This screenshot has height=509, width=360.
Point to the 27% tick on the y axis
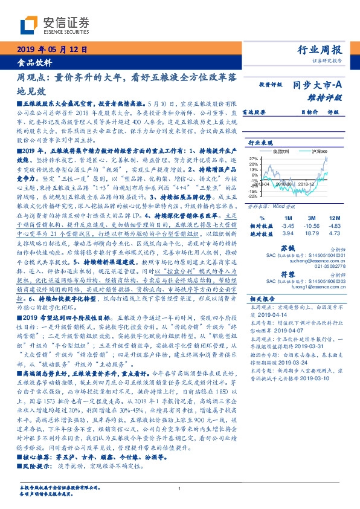pos(253,158)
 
